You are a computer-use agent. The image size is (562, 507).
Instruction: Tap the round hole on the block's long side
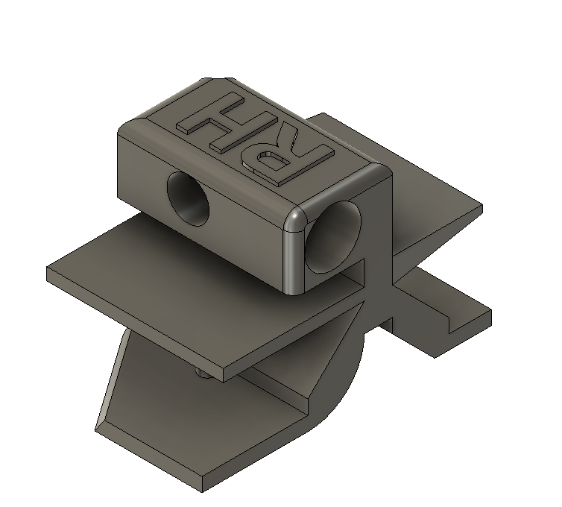[188, 198]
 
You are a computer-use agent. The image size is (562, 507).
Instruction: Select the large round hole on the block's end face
[335, 237]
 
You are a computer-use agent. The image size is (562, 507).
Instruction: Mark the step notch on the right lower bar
[452, 322]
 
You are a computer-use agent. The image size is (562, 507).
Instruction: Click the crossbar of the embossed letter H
[215, 124]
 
